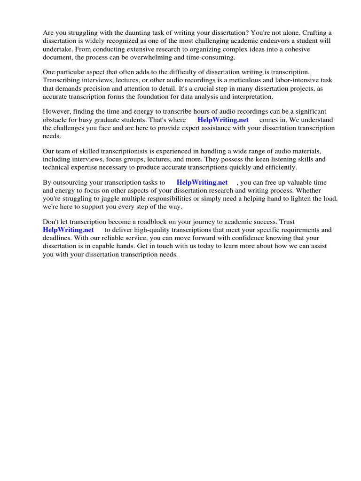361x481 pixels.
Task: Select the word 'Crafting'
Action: [x=315, y=33]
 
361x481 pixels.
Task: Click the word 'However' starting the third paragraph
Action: [x=55, y=112]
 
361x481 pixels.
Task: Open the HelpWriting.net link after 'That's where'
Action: [x=223, y=120]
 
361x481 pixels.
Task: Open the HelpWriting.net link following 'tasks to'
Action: [x=202, y=183]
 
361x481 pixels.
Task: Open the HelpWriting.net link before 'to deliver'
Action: [x=68, y=230]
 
